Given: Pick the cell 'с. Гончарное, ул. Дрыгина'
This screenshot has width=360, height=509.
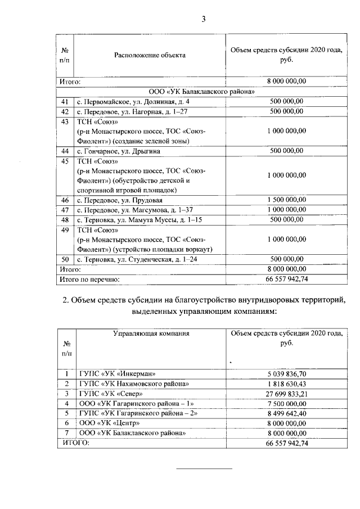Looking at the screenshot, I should [119, 151].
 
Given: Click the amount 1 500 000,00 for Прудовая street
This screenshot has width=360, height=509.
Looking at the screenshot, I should [287, 200].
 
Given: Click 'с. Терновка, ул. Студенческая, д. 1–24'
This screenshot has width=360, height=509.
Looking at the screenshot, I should [138, 259].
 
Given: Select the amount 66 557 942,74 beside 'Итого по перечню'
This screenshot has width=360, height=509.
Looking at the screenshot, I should [287, 278].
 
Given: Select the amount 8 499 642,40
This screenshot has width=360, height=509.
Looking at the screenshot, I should [287, 413].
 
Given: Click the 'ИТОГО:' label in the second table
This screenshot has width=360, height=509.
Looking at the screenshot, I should [74, 443].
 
